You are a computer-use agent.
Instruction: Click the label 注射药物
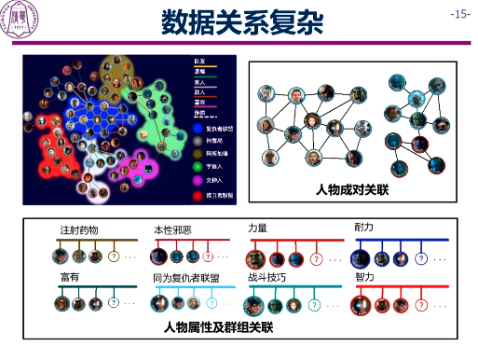[x=78, y=229]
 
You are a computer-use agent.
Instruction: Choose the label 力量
[x=257, y=228]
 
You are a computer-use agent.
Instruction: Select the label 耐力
[x=364, y=228]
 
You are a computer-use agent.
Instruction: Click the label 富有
[x=69, y=277]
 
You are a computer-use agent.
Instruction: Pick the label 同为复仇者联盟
[x=188, y=277]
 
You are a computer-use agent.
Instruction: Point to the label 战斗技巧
[x=266, y=277]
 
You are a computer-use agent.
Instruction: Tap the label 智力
[x=364, y=277]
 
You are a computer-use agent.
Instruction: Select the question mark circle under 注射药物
[x=114, y=256]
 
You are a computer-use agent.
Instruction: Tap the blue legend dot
[x=198, y=127]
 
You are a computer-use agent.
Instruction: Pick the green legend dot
[x=198, y=166]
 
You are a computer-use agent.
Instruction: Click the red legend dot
[x=198, y=194]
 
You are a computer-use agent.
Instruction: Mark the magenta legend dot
[x=198, y=180]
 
